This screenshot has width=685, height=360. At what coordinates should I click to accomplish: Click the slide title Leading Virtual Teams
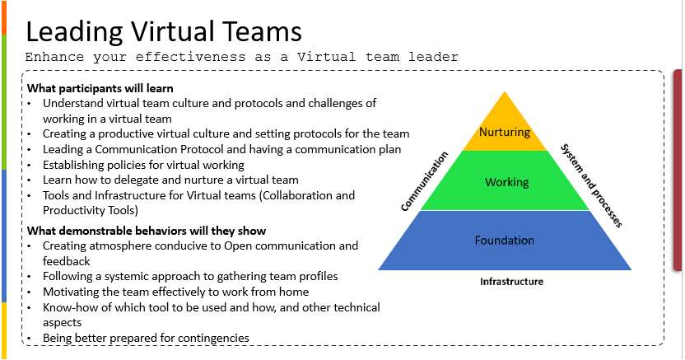coord(164,31)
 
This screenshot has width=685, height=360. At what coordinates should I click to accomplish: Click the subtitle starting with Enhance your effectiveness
coord(241,57)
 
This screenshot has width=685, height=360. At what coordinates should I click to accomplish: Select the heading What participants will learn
coord(100,88)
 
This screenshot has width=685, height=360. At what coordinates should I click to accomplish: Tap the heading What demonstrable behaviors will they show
coord(147,231)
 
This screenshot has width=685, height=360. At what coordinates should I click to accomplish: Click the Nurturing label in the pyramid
coord(505,132)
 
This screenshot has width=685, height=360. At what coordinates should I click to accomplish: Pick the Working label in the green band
coord(506,182)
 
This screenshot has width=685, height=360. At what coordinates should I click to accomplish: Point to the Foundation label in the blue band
coord(504,241)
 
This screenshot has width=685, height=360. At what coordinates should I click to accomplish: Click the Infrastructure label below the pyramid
coord(511,282)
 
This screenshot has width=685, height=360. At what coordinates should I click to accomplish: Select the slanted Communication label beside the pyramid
coord(424,181)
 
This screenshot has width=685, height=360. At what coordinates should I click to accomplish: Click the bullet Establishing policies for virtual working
coord(143,165)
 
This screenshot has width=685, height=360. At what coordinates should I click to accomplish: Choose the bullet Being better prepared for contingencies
coord(146,338)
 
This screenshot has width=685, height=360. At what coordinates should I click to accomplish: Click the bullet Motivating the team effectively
coord(175,292)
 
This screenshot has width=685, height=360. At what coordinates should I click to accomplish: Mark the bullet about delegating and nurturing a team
coord(170,180)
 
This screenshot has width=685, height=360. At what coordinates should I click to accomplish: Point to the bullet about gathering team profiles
coord(190,277)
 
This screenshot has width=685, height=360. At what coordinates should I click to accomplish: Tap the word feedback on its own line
coord(67,261)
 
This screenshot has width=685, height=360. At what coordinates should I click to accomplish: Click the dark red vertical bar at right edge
coord(678,170)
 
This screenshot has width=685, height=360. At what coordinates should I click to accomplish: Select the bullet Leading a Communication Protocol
coord(221,149)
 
